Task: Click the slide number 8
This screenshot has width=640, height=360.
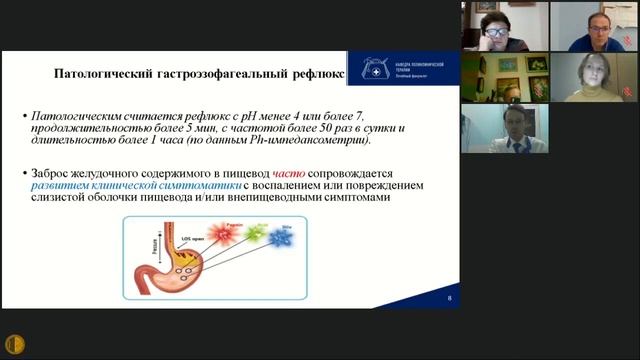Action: (x=449, y=299)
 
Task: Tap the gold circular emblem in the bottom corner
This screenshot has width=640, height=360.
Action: (x=15, y=344)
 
